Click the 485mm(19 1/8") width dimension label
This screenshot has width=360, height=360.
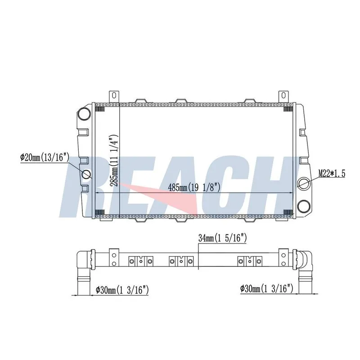point(194,187)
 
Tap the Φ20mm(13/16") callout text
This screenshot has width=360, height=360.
point(45,157)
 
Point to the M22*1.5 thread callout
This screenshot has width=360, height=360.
point(332,174)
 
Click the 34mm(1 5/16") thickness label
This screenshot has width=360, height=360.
point(222,238)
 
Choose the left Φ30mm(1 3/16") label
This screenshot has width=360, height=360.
point(122,290)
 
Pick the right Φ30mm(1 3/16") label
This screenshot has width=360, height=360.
point(267,288)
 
